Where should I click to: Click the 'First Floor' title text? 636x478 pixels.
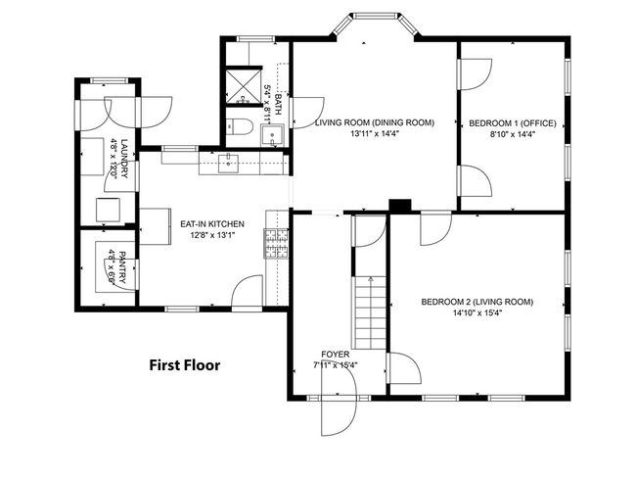click(x=184, y=365)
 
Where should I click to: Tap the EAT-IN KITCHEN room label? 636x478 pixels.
click(x=211, y=224)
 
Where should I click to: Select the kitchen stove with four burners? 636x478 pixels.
click(x=277, y=243)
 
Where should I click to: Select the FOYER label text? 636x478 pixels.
click(x=335, y=354)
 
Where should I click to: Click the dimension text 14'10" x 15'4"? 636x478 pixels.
click(x=477, y=314)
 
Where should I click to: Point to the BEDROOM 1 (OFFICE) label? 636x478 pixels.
click(x=512, y=123)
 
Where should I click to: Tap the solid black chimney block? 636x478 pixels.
click(x=399, y=205)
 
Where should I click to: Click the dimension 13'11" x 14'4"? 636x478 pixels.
click(x=374, y=135)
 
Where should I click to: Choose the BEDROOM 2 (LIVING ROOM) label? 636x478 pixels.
click(x=477, y=302)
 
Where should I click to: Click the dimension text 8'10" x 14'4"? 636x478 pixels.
click(x=512, y=135)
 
